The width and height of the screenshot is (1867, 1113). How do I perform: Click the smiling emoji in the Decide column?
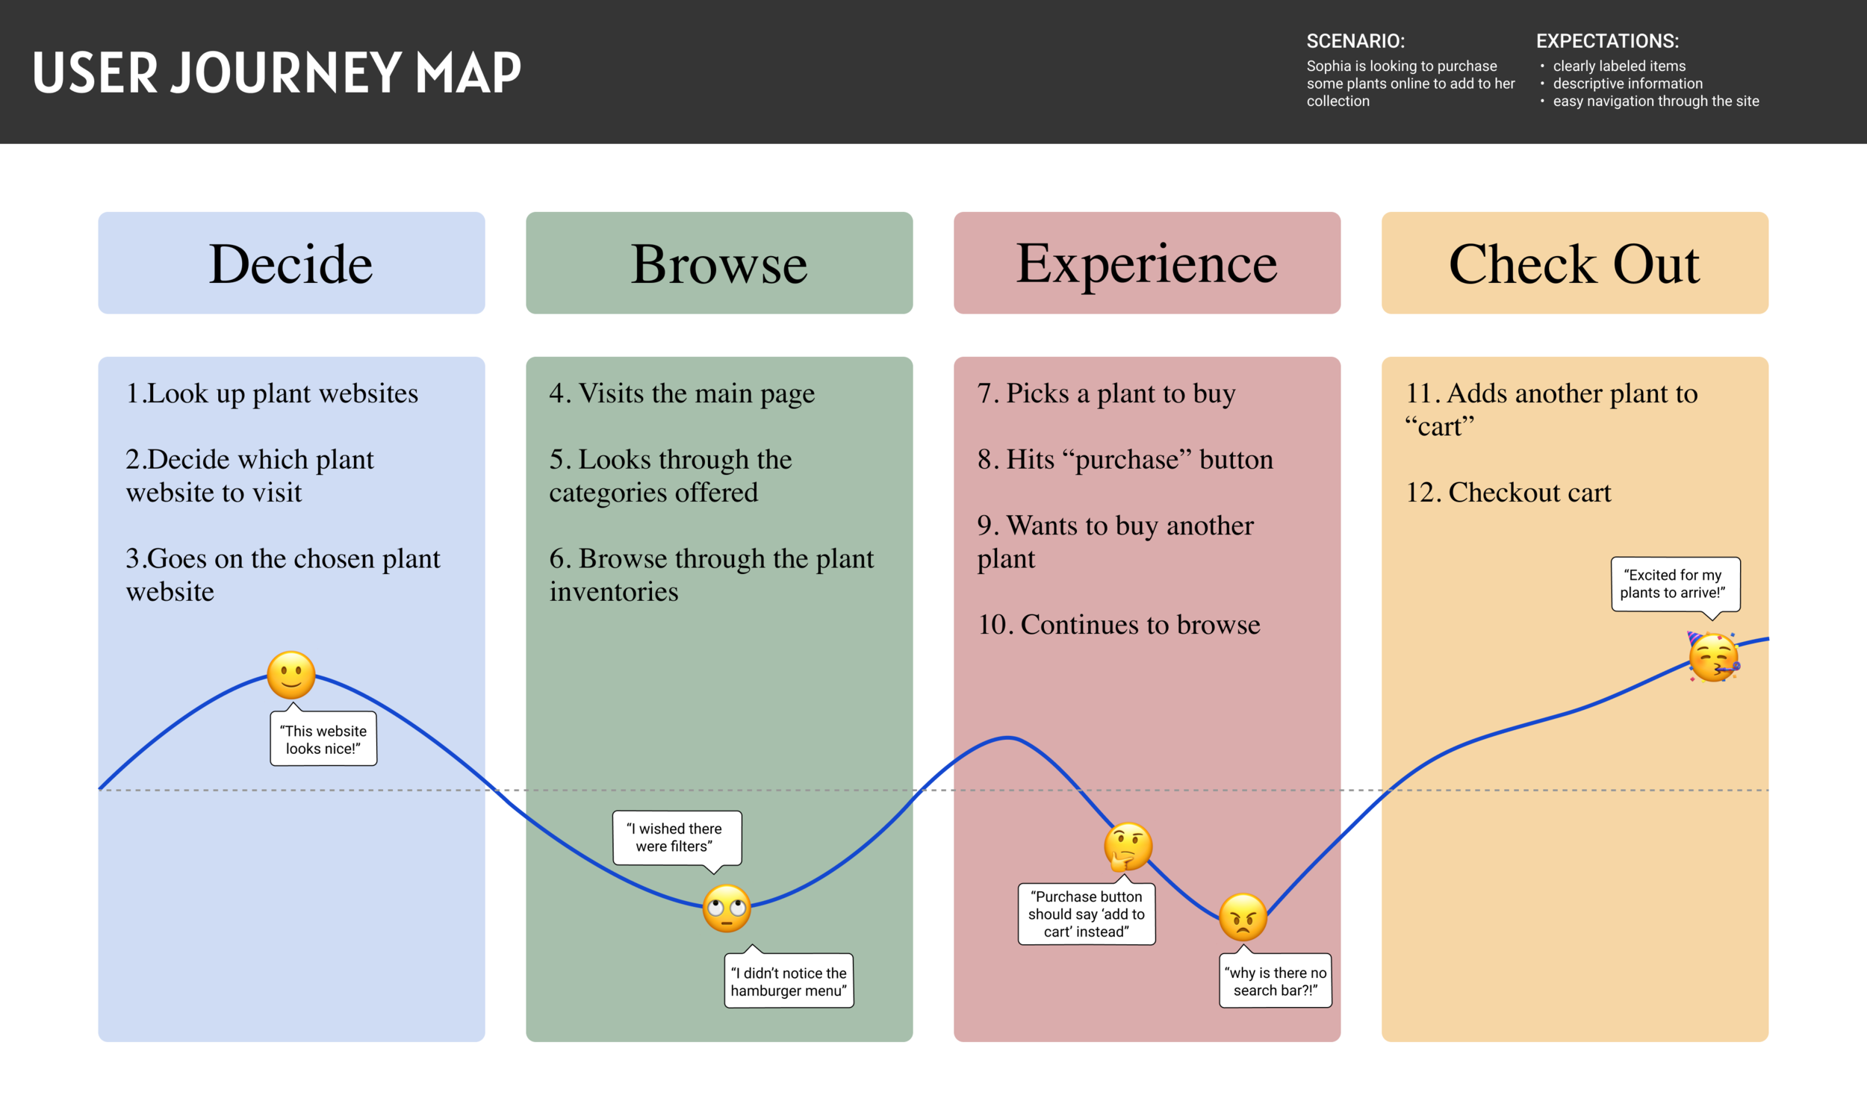pyautogui.click(x=291, y=675)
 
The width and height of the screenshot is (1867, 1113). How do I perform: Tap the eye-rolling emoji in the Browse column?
pyautogui.click(x=726, y=908)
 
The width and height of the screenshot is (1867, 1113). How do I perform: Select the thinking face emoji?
pyautogui.click(x=1128, y=847)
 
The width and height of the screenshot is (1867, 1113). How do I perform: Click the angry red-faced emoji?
pyautogui.click(x=1242, y=917)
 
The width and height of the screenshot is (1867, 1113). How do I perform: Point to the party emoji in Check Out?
pyautogui.click(x=1713, y=658)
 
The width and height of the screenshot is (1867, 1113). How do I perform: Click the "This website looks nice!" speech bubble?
pyautogui.click(x=323, y=740)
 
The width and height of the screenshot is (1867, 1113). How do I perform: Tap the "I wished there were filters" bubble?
pyautogui.click(x=677, y=838)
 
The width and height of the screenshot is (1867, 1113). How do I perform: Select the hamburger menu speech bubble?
pyautogui.click(x=789, y=981)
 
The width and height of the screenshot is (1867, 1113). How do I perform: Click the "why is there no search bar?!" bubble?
pyautogui.click(x=1276, y=981)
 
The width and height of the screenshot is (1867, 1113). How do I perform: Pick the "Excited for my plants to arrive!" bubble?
pyautogui.click(x=1675, y=584)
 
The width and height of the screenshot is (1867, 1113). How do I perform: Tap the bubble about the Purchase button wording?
pyautogui.click(x=1086, y=914)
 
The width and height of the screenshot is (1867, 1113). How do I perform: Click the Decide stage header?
pyautogui.click(x=291, y=264)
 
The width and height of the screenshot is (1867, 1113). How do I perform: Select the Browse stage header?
pyautogui.click(x=718, y=264)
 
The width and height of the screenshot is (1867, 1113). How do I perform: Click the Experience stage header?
pyautogui.click(x=1146, y=264)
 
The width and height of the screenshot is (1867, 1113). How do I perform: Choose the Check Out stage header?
pyautogui.click(x=1574, y=264)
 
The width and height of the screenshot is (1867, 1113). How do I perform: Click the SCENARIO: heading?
pyautogui.click(x=1355, y=41)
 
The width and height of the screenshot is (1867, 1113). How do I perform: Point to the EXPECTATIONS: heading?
pyautogui.click(x=1606, y=41)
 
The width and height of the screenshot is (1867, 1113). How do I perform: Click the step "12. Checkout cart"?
pyautogui.click(x=1508, y=493)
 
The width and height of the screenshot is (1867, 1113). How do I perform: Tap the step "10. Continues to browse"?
pyautogui.click(x=1119, y=625)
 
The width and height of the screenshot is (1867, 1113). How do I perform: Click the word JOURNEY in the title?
pyautogui.click(x=286, y=72)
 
